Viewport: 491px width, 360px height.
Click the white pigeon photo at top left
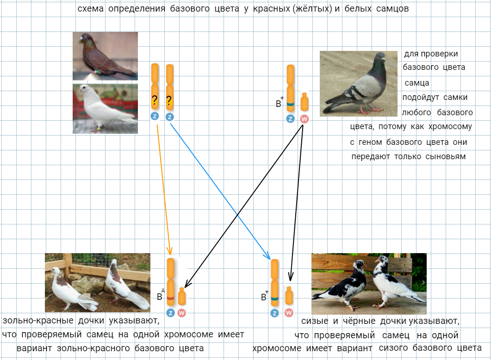pyautogui.click(x=105, y=108)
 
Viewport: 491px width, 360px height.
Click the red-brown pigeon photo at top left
pyautogui.click(x=105, y=56)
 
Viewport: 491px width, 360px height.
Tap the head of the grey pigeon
pyautogui.click(x=379, y=58)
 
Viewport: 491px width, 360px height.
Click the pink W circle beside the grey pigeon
pyautogui.click(x=304, y=119)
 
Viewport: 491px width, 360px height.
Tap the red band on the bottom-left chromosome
pyautogui.click(x=171, y=298)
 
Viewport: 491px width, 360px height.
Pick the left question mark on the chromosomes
pyautogui.click(x=155, y=100)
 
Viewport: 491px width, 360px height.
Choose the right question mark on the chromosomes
pyautogui.click(x=169, y=100)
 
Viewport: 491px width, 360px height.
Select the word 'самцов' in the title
pyautogui.click(x=392, y=9)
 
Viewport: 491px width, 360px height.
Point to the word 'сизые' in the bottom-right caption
pyautogui.click(x=313, y=321)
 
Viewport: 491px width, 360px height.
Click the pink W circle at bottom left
pyautogui.click(x=181, y=313)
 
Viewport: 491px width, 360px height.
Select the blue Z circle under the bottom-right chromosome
pyautogui.click(x=274, y=313)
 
